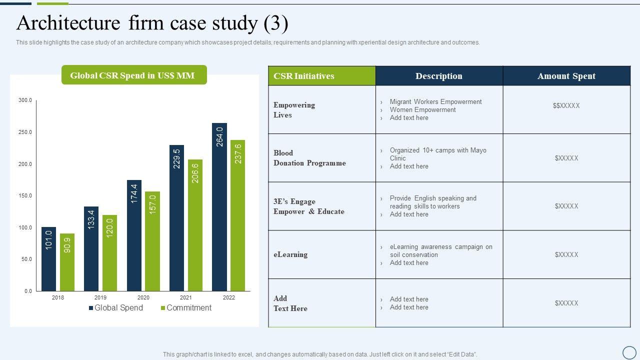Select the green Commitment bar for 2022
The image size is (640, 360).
(x=237, y=215)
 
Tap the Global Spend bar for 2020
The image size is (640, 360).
(x=134, y=235)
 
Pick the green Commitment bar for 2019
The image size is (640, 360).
(x=109, y=253)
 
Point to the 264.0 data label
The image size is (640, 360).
(x=219, y=136)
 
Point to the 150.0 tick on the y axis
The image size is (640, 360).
(x=25, y=195)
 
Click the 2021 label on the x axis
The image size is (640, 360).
(x=185, y=297)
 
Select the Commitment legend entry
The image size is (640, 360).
(x=185, y=308)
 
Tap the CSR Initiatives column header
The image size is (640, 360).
(x=304, y=76)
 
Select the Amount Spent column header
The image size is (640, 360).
(x=566, y=76)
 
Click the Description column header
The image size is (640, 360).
(x=438, y=76)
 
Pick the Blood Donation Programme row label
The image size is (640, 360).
(x=309, y=158)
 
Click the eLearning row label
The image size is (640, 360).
(x=290, y=254)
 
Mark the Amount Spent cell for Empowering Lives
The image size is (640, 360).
(x=566, y=105)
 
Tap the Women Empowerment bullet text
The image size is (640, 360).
(x=422, y=110)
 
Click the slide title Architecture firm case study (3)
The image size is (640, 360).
(x=152, y=23)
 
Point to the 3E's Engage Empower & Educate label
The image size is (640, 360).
(x=308, y=206)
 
